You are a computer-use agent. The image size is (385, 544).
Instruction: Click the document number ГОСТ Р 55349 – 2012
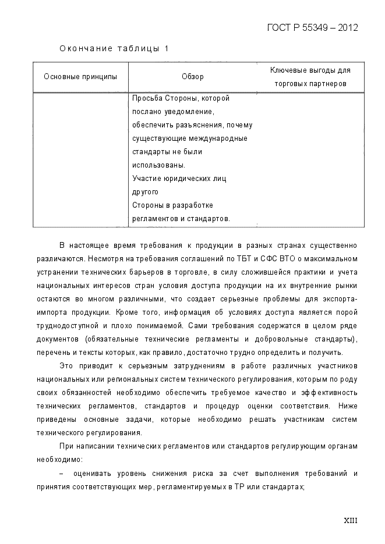pos(312,27)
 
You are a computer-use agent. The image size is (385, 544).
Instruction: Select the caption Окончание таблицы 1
pos(114,48)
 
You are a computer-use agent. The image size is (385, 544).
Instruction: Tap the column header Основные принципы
pos(80,77)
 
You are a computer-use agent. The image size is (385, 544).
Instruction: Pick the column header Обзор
pos(193,77)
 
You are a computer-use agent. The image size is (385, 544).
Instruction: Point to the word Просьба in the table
pos(144,98)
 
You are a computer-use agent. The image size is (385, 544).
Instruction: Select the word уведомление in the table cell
pos(193,112)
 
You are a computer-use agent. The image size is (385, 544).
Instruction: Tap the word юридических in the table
pos(186,179)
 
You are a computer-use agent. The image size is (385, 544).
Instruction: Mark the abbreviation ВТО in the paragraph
pos(297,258)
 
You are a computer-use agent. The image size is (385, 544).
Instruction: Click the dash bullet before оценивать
pos(62,473)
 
